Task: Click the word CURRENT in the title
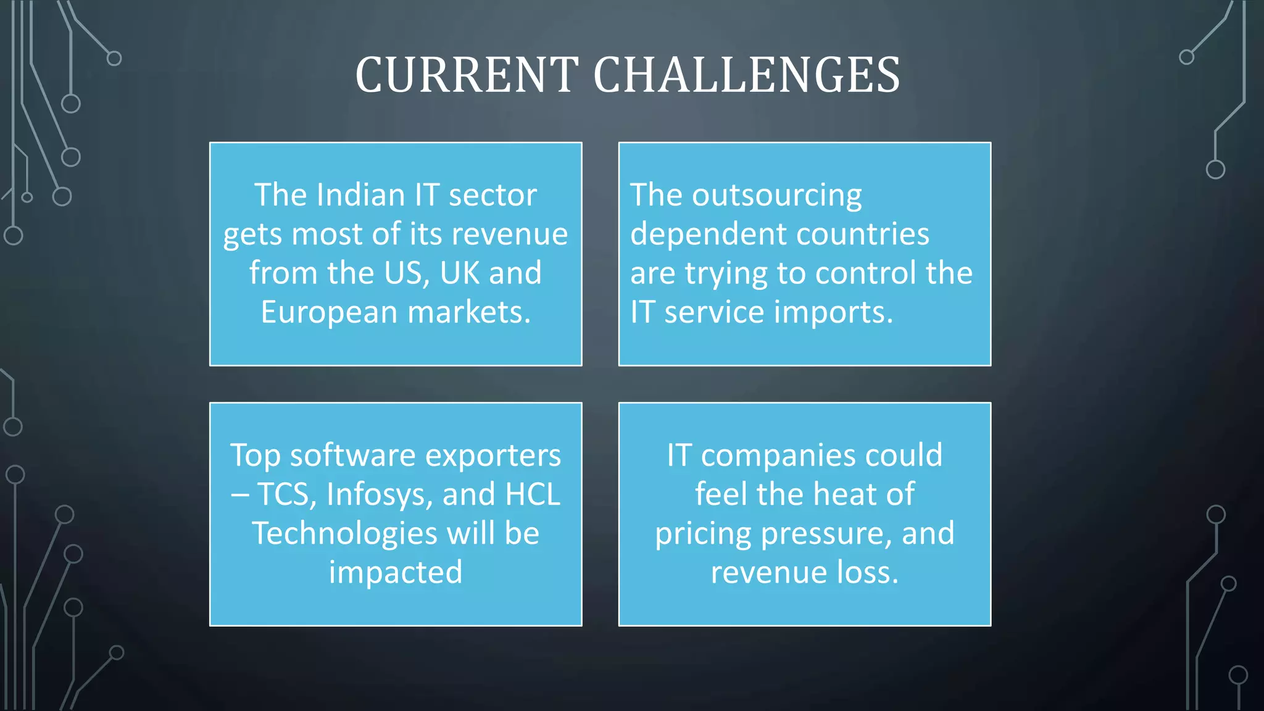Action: pyautogui.click(x=467, y=75)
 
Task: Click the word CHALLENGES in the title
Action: pyautogui.click(x=746, y=75)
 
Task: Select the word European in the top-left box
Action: pyautogui.click(x=328, y=312)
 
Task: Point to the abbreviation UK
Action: pyautogui.click(x=460, y=273)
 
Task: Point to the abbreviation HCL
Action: pyautogui.click(x=532, y=494)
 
